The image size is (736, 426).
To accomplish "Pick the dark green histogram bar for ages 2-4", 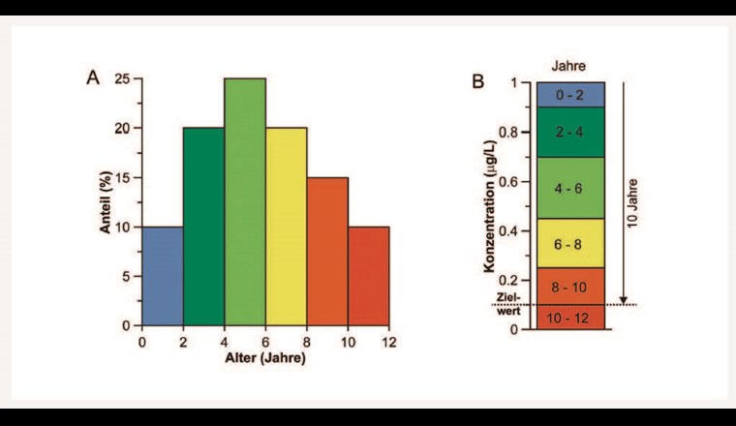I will tap(203, 227).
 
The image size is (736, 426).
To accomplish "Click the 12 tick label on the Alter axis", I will tap(389, 343).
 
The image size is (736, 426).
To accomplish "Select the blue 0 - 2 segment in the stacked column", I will tap(571, 94).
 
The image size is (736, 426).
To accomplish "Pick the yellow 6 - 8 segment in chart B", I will tap(571, 244).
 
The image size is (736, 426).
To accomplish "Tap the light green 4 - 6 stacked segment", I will tap(571, 188).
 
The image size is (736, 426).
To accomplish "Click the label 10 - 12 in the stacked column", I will tap(571, 318).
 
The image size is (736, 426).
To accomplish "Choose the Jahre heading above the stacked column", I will tap(569, 66).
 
